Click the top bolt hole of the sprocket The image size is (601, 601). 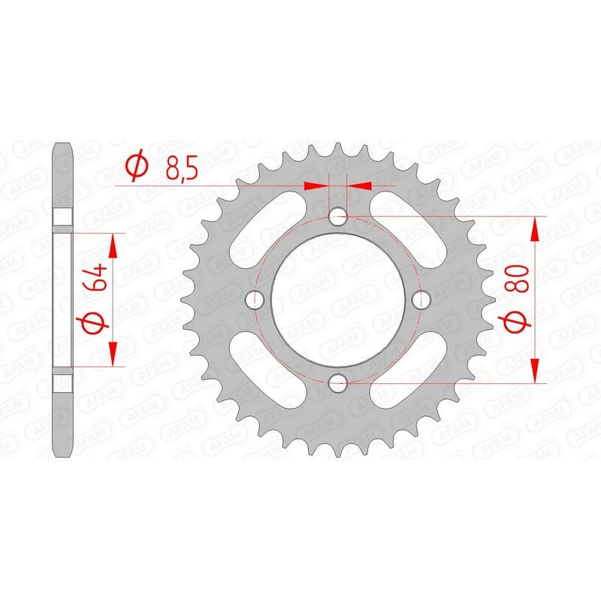338,218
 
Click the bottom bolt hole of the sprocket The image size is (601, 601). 338,382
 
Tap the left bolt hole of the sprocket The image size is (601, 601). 256,300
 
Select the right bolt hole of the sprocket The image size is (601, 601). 420,300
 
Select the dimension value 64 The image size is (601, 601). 93,278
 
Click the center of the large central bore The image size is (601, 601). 338,300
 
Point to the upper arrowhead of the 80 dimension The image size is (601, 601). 536,228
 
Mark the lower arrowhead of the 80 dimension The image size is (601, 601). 536,371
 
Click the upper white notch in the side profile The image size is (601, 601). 63,217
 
